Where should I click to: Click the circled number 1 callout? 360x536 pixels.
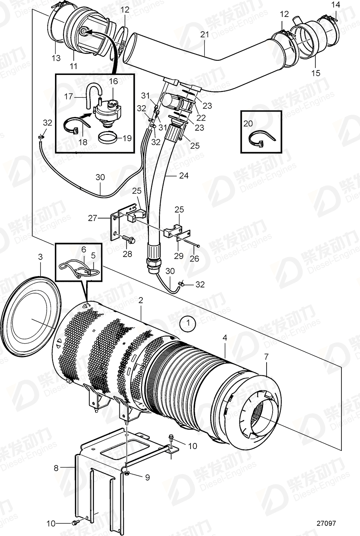coord(187,323)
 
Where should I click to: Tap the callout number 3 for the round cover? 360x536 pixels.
coord(40,257)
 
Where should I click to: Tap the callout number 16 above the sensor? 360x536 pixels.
coord(113,81)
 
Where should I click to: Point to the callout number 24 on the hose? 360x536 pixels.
coord(184,176)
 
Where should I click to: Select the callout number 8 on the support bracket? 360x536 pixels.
coord(56,468)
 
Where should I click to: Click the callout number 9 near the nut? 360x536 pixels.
coord(147,478)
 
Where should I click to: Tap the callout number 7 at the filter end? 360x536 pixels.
coord(266,356)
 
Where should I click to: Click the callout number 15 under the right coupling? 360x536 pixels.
coord(316,73)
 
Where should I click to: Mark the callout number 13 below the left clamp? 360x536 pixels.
coord(56,58)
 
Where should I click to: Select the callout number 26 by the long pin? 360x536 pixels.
coord(194,257)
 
